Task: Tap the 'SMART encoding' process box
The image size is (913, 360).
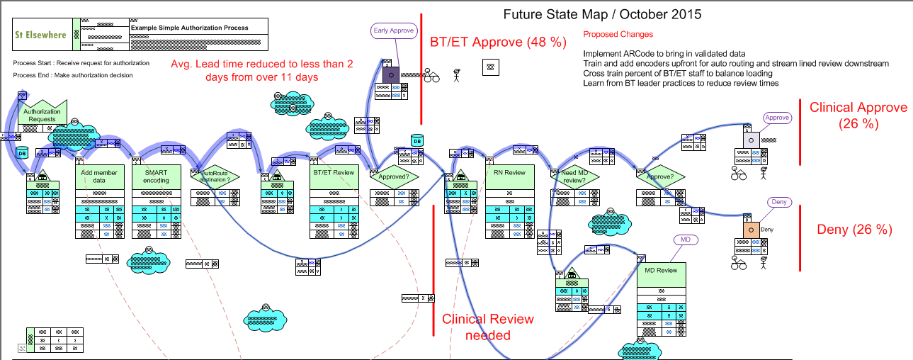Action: [x=156, y=176]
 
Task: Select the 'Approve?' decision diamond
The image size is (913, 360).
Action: [x=661, y=176]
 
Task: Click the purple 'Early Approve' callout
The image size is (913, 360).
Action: [x=392, y=30]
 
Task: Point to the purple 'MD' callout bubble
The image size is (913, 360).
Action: [x=685, y=240]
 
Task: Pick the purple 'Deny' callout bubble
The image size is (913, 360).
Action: [x=778, y=203]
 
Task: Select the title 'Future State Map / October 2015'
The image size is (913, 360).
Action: [x=602, y=13]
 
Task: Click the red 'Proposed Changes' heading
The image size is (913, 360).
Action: [x=618, y=34]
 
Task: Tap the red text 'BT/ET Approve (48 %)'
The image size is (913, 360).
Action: [x=498, y=42]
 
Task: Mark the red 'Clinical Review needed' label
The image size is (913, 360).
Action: [x=487, y=327]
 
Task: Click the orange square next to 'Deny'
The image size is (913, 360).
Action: [x=750, y=230]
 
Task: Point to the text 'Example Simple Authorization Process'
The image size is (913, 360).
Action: [x=190, y=28]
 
